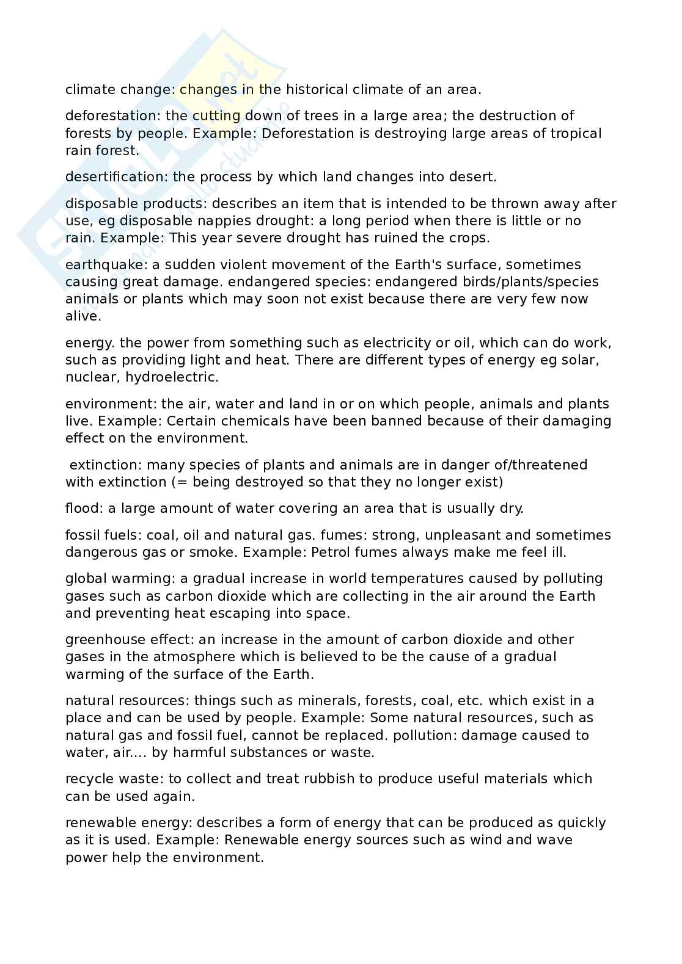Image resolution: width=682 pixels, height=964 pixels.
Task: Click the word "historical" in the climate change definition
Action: (x=315, y=90)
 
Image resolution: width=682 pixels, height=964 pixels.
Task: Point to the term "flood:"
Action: (x=84, y=509)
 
